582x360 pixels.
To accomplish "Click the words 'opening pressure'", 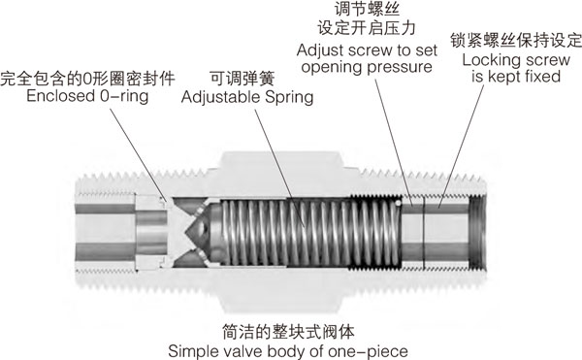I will (x=367, y=67).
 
